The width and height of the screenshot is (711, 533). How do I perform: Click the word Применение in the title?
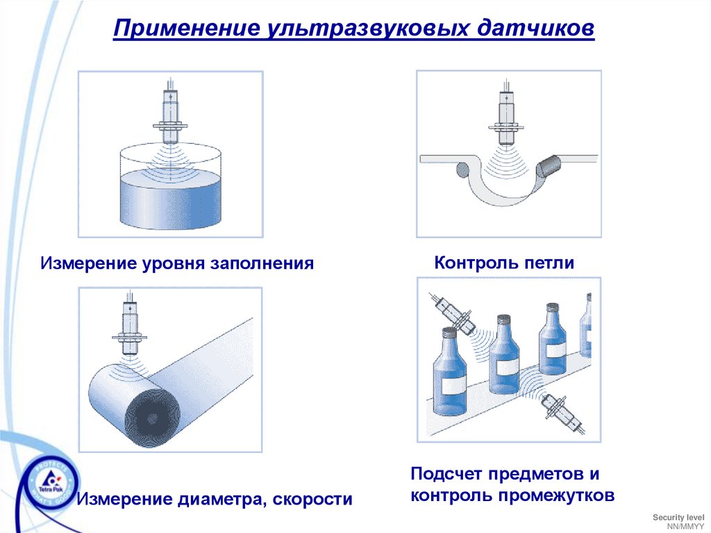click(x=187, y=28)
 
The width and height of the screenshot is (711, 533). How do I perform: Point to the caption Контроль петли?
click(x=504, y=263)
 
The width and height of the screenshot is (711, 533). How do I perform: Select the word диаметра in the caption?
click(x=221, y=500)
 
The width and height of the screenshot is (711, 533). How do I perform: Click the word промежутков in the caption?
click(x=556, y=495)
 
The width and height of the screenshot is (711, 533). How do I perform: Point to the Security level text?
click(x=678, y=518)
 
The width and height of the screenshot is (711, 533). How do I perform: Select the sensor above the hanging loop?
click(x=506, y=113)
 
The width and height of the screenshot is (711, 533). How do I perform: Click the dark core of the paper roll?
click(x=152, y=418)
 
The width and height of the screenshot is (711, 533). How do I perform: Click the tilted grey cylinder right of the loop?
click(x=549, y=166)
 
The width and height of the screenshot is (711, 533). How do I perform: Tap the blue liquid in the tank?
click(x=171, y=199)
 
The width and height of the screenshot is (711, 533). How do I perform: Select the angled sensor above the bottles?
click(x=452, y=313)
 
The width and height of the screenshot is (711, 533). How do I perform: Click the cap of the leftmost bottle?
click(x=449, y=332)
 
